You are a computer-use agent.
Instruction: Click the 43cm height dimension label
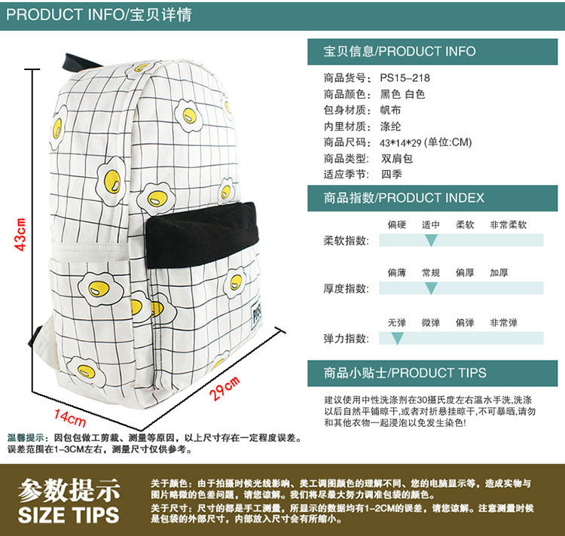(x=21, y=234)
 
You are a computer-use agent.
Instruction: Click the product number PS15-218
(x=405, y=78)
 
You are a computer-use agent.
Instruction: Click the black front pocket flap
(x=201, y=234)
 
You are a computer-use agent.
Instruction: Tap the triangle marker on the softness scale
(x=431, y=241)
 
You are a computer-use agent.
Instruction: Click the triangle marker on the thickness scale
(x=431, y=288)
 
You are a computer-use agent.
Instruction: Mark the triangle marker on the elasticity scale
(x=397, y=339)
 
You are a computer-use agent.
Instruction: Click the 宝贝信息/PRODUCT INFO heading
(x=399, y=51)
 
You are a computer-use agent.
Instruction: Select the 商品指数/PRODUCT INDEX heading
(x=404, y=198)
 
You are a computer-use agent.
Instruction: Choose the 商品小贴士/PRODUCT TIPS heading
(x=405, y=373)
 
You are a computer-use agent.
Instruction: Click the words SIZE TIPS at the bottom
(x=69, y=515)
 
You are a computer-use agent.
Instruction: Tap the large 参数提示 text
(x=69, y=490)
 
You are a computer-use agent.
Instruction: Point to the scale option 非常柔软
(x=508, y=224)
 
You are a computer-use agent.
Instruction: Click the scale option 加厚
(x=499, y=273)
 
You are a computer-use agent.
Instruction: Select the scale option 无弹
(x=397, y=322)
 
